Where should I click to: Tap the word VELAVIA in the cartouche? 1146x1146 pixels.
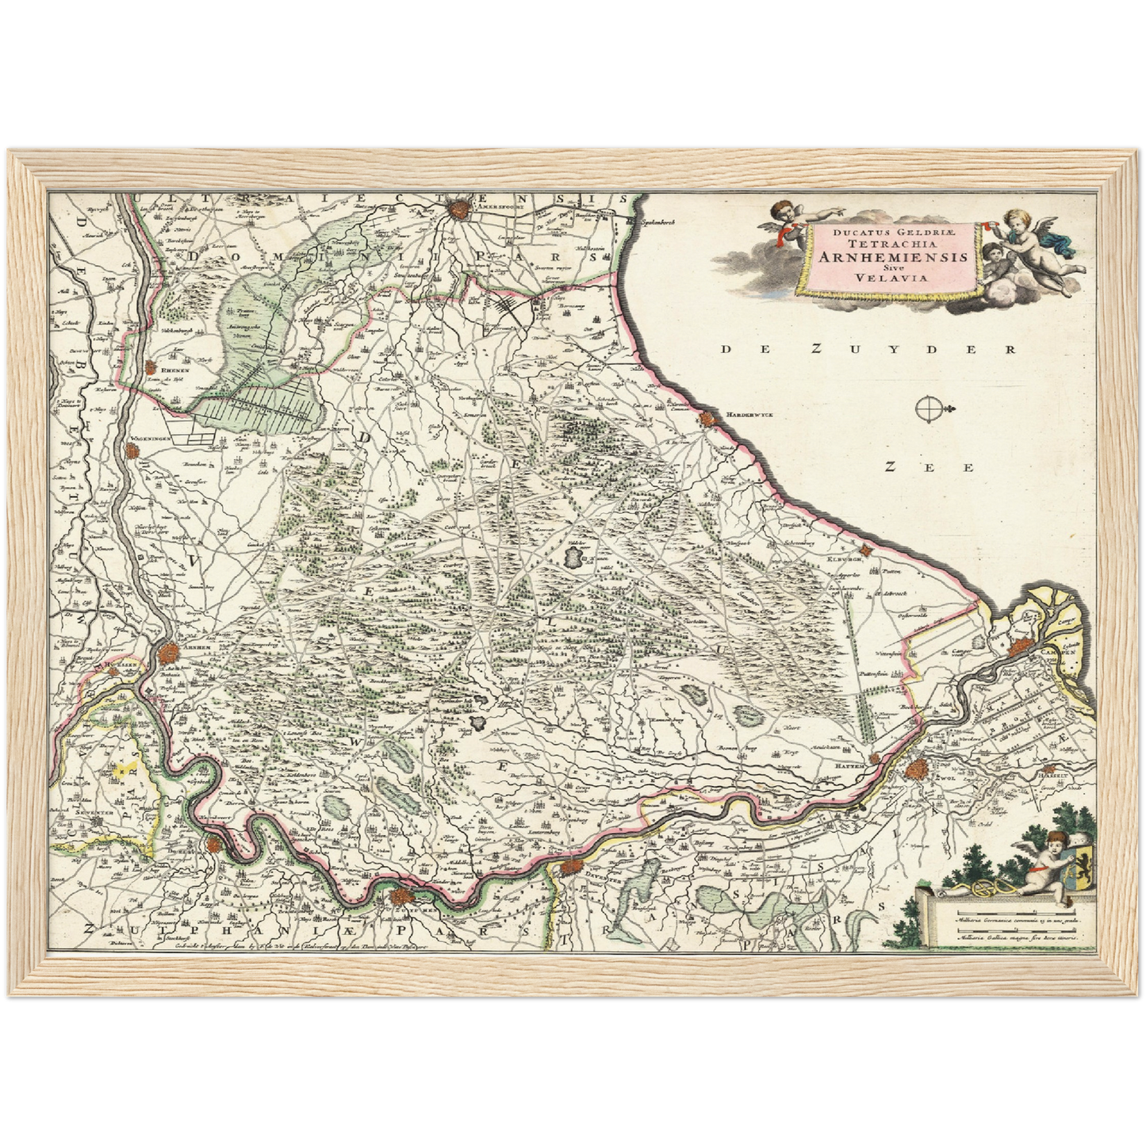(x=892, y=278)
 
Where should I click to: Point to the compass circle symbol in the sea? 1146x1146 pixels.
(x=927, y=410)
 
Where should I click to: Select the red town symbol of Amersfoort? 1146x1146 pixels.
(x=458, y=209)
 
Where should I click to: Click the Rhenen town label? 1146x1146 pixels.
(x=172, y=370)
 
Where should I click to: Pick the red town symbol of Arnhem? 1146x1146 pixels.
(x=168, y=655)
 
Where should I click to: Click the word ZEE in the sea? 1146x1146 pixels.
(x=929, y=467)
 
